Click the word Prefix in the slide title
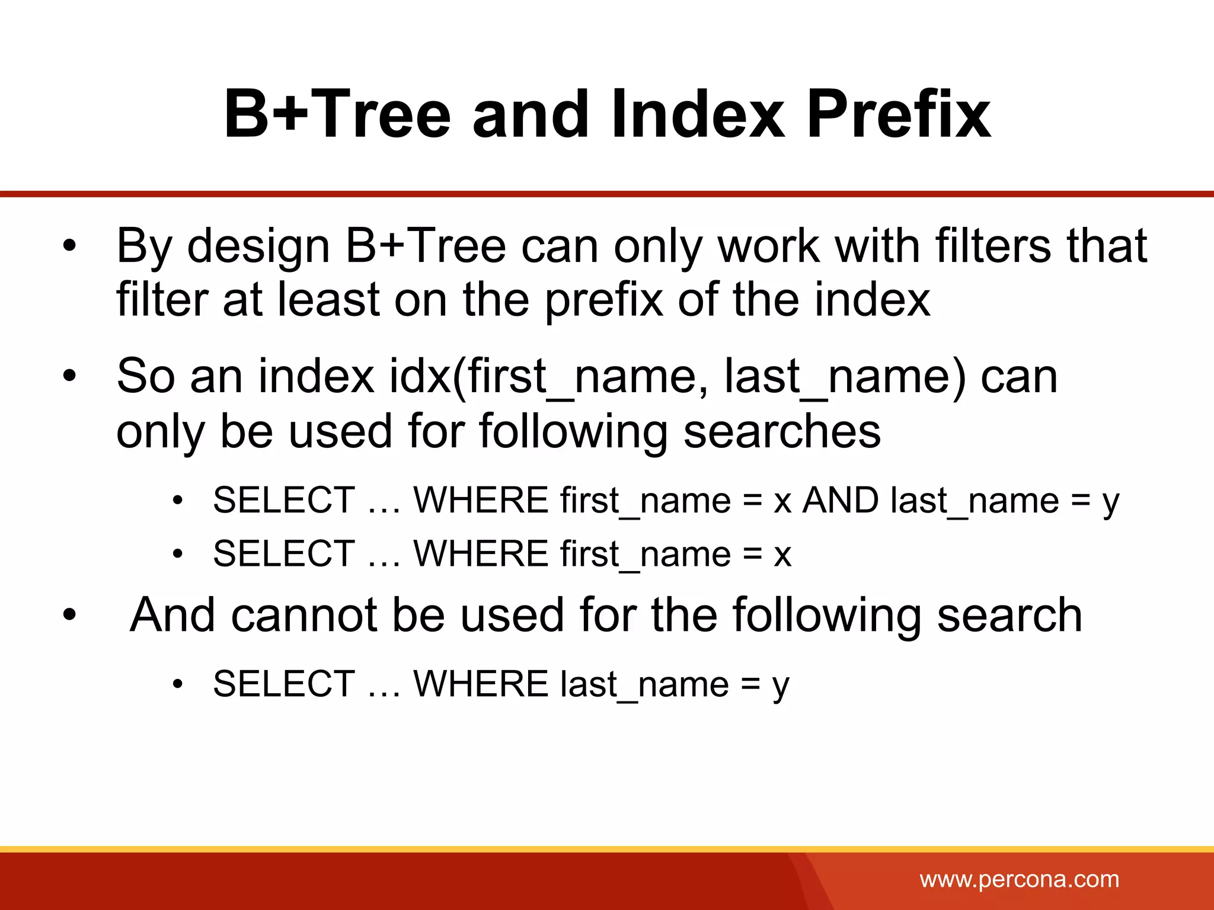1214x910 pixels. pyautogui.click(x=898, y=114)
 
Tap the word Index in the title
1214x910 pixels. pyautogui.click(x=697, y=114)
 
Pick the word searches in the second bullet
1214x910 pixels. pyautogui.click(x=782, y=431)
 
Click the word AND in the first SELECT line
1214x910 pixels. pyautogui.click(x=841, y=501)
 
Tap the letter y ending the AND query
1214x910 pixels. pyautogui.click(x=1110, y=504)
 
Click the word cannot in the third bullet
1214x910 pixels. pyautogui.click(x=304, y=616)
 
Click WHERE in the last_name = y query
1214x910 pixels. pyautogui.click(x=481, y=684)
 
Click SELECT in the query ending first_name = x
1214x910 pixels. pyautogui.click(x=284, y=554)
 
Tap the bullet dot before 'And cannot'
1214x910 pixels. pyautogui.click(x=70, y=616)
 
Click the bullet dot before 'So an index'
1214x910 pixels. pyautogui.click(x=70, y=377)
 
